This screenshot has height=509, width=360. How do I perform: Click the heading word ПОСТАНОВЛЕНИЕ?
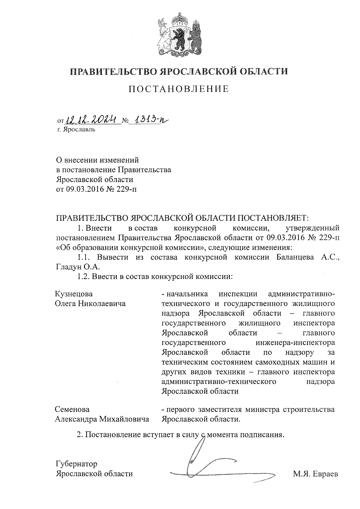[x=179, y=89]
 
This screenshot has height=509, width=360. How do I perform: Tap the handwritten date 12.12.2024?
[x=91, y=121]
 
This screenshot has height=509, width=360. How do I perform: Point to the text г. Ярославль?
[x=76, y=130]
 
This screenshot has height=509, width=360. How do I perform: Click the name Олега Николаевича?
[x=90, y=304]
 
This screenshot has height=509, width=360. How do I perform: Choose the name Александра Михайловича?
[x=102, y=419]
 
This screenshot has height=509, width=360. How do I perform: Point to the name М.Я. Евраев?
[x=316, y=474]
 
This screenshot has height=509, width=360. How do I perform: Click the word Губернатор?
[x=76, y=464]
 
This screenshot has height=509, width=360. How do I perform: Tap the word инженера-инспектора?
[x=295, y=342]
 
